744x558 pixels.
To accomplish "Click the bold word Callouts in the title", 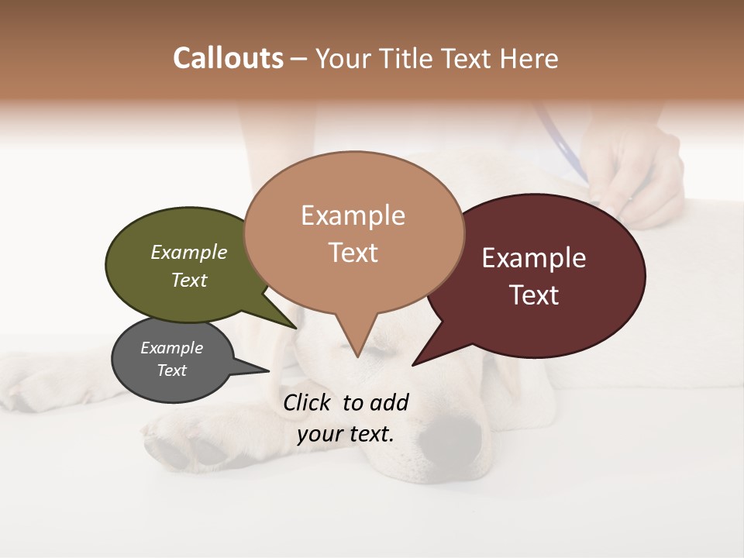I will (x=228, y=58).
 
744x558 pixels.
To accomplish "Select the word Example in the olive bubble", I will (x=189, y=253).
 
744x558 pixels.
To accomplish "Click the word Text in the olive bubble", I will (x=189, y=281).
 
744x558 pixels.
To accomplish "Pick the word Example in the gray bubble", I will (x=171, y=348).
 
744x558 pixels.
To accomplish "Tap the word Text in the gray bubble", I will (x=171, y=370).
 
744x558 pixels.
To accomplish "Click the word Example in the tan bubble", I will (x=353, y=215).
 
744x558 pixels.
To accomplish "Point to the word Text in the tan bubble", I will (x=353, y=253).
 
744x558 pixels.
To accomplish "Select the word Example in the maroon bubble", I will (x=534, y=258).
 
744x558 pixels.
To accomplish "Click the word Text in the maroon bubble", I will (x=534, y=295).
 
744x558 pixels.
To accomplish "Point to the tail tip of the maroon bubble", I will (x=413, y=364).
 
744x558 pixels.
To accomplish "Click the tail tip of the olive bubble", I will (x=296, y=328).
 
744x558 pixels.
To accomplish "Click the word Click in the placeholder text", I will (x=308, y=402).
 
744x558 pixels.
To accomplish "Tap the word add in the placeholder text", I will (x=389, y=402).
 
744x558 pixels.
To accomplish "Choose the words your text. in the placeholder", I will (x=346, y=434).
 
